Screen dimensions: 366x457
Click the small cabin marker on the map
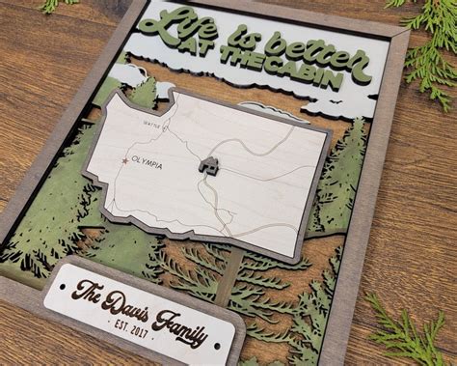click(x=207, y=165)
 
